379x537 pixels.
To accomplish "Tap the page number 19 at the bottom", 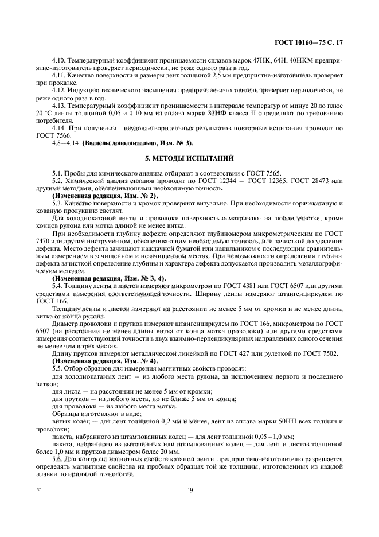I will tap(189, 490).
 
